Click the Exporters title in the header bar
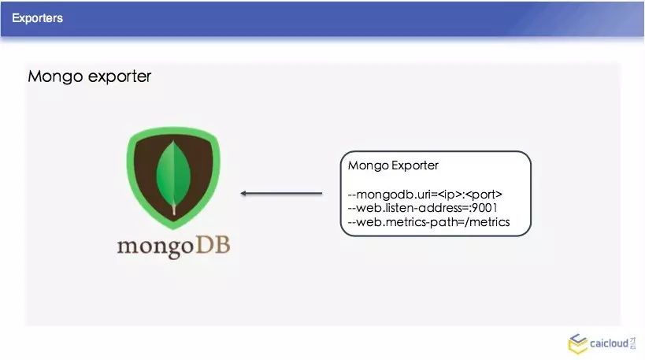[x=38, y=17]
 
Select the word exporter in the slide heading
[x=118, y=77]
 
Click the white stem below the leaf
[x=174, y=210]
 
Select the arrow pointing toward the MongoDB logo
[x=281, y=193]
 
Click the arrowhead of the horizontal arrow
[x=245, y=193]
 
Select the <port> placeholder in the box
[x=484, y=194]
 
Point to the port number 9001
[x=483, y=208]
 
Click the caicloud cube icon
[x=577, y=343]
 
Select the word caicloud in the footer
[x=610, y=343]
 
